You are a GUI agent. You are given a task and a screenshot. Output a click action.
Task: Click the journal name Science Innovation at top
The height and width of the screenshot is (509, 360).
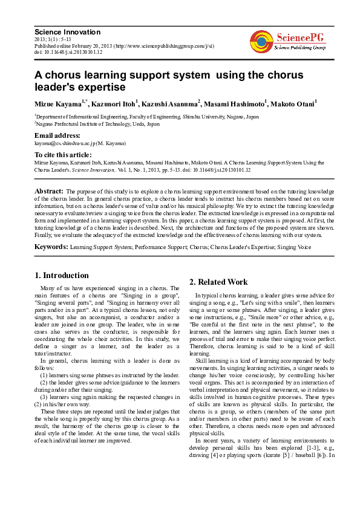[67, 32]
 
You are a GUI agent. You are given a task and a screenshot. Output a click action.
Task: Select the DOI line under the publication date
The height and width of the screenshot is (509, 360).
[68, 52]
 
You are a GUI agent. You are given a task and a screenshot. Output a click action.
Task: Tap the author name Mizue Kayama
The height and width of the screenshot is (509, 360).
[60, 104]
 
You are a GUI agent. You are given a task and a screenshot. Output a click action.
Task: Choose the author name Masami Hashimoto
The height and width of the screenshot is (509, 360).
[233, 104]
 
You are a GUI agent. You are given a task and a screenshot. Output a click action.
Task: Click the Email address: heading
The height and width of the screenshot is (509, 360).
[57, 135]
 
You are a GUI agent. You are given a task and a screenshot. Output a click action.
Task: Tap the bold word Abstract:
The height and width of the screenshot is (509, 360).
[49, 191]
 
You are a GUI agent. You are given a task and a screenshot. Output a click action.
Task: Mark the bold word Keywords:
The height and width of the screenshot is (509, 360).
[51, 247]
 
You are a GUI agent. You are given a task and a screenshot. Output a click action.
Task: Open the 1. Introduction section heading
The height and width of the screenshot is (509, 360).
[62, 276]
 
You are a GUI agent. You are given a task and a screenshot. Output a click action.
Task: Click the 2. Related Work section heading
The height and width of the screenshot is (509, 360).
[218, 282]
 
